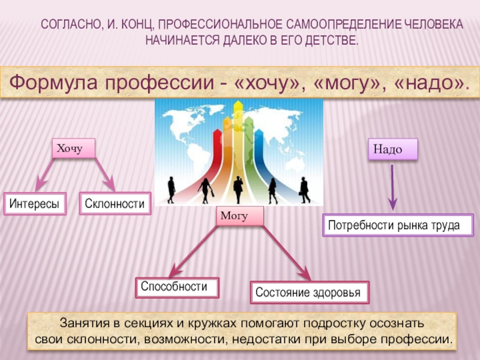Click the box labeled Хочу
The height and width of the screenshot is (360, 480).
tap(74, 148)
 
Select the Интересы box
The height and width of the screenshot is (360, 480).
tap(35, 204)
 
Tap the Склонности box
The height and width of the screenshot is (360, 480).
tap(115, 204)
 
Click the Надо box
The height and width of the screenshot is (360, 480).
tap(391, 149)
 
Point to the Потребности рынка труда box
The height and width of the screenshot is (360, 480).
tap(398, 225)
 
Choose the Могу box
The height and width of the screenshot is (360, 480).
tap(239, 216)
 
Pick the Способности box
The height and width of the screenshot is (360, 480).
tap(177, 287)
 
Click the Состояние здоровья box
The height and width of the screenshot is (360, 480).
tap(310, 293)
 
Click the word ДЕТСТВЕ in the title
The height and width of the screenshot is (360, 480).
tap(331, 41)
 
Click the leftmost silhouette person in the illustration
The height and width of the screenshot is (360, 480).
tap(172, 190)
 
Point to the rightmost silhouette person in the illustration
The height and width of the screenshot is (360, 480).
tap(305, 190)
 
